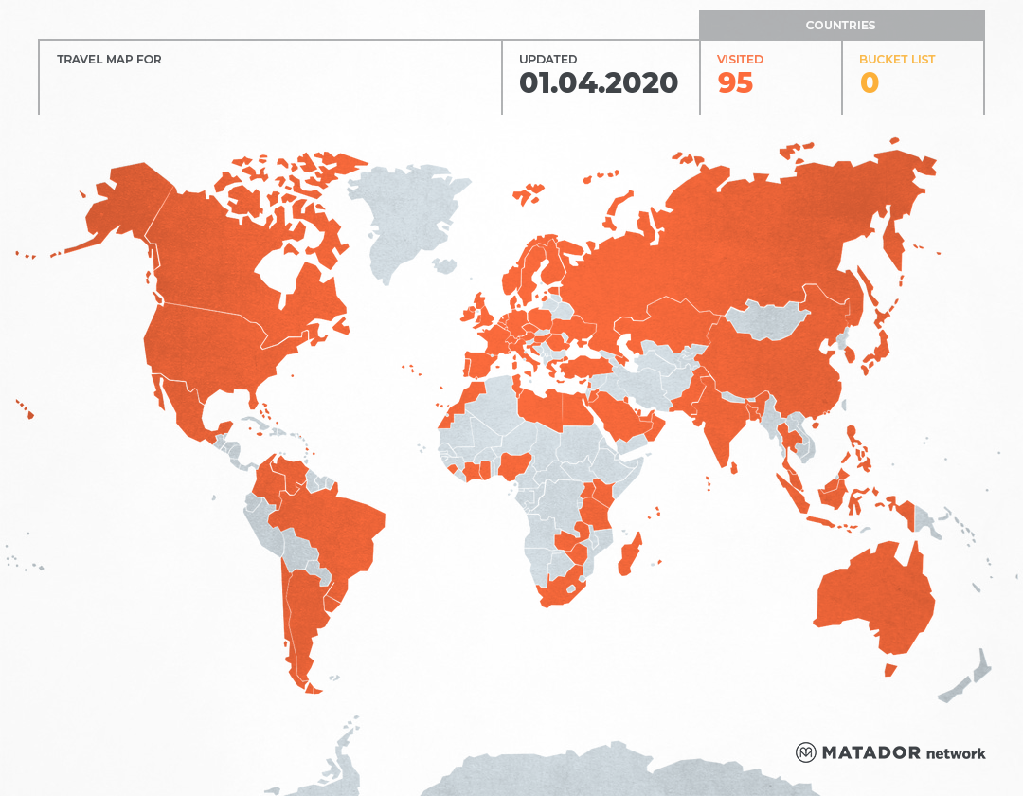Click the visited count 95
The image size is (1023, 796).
[735, 83]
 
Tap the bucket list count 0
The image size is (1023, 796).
[869, 83]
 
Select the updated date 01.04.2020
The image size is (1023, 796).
[599, 83]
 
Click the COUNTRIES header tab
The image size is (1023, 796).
[841, 26]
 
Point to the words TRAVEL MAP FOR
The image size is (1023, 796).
[109, 60]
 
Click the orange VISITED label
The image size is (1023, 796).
[740, 60]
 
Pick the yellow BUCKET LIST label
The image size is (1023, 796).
[897, 60]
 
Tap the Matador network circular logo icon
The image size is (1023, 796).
[806, 752]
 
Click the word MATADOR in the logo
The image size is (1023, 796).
[870, 752]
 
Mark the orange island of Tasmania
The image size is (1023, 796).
[889, 670]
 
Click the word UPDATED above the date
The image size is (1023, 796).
[547, 60]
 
